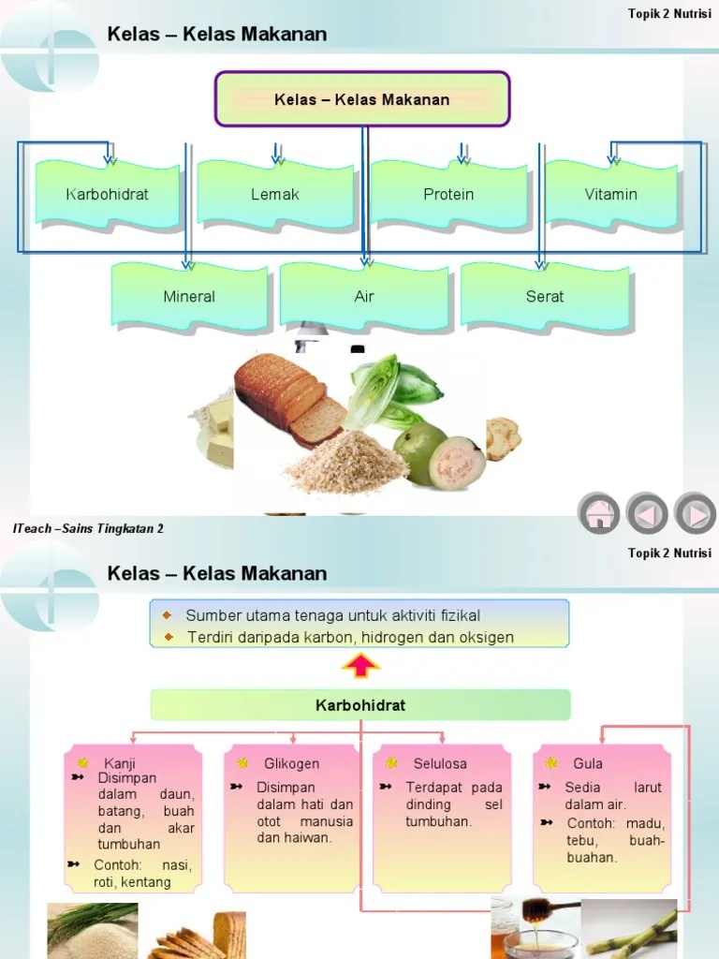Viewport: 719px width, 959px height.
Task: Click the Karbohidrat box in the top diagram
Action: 107,195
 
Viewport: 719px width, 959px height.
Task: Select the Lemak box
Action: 275,195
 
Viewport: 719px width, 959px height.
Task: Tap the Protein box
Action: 448,195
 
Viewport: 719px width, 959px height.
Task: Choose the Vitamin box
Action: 611,195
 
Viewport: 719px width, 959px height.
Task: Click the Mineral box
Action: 189,297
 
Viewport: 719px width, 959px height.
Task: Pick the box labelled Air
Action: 364,297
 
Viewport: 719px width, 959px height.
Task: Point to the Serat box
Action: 545,297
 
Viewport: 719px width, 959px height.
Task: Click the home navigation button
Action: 598,513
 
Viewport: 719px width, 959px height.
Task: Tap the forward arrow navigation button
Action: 695,513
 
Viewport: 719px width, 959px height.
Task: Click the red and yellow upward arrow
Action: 361,667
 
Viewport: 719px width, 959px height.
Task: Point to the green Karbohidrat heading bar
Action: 360,705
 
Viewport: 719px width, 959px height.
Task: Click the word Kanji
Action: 120,763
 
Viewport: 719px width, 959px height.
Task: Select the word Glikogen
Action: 291,763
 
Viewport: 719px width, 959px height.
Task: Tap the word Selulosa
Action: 440,763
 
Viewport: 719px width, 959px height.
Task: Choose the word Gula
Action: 588,763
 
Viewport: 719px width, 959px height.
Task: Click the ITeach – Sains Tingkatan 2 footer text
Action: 89,529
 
